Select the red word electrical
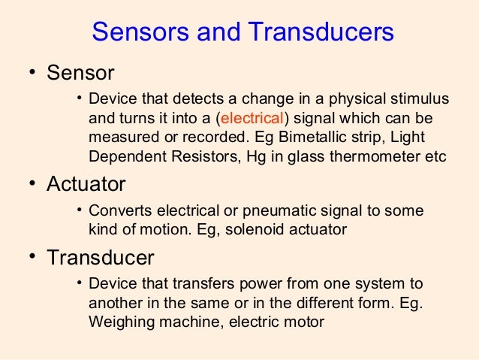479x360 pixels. click(252, 118)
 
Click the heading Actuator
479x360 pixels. click(86, 183)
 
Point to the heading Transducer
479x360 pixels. click(101, 258)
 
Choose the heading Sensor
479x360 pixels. click(80, 74)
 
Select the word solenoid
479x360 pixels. click(243, 230)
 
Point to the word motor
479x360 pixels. click(306, 322)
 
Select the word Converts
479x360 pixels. click(118, 211)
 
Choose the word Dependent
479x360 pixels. click(120, 157)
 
